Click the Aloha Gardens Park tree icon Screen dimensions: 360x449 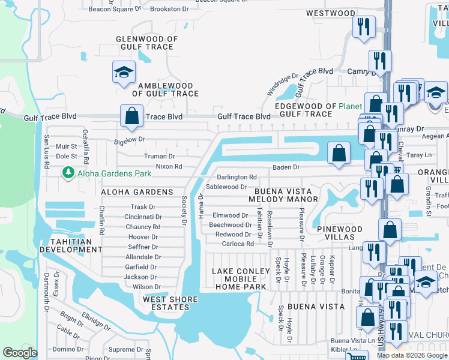pos(67,173)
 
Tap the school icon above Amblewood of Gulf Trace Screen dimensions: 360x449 pos(123,73)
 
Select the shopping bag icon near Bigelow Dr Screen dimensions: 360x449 pos(131,115)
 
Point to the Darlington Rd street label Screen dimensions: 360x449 pos(237,178)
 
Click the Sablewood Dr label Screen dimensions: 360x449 pos(226,187)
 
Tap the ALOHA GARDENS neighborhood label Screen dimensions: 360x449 pos(137,192)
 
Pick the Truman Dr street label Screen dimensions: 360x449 pos(159,156)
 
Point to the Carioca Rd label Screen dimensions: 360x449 pos(238,244)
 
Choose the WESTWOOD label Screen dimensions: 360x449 pos(330,13)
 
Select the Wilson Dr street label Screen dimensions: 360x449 pos(146,287)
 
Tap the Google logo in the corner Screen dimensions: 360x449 pos(20,353)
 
